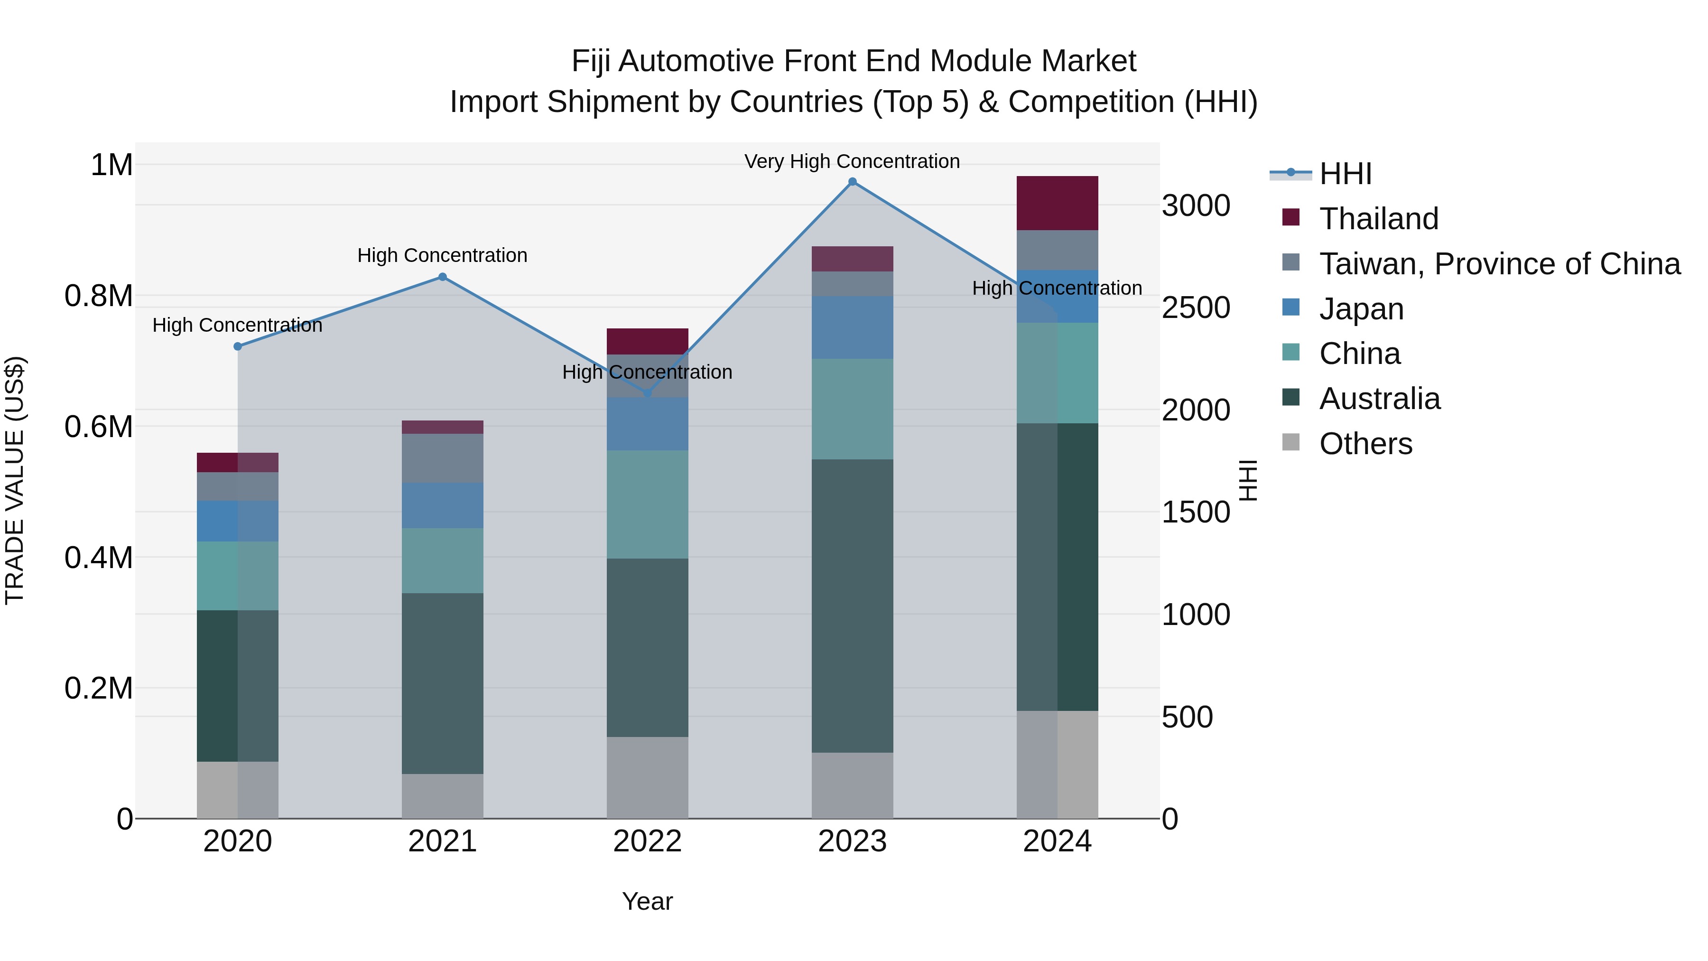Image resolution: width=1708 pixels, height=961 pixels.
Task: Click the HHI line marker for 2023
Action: [x=853, y=182]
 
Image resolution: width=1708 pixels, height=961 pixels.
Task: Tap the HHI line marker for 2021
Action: [x=443, y=277]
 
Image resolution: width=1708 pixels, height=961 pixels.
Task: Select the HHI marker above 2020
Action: [x=238, y=346]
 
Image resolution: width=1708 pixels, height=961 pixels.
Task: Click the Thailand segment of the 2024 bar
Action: [x=1058, y=203]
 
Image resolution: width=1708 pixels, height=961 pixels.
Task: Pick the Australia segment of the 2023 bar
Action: [x=853, y=606]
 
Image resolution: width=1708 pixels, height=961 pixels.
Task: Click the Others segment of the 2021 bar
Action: [x=443, y=796]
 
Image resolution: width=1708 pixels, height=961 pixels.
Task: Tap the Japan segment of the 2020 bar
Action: [x=238, y=521]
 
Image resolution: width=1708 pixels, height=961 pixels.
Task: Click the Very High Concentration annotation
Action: [x=852, y=161]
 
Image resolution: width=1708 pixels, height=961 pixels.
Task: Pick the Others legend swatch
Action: [x=1291, y=442]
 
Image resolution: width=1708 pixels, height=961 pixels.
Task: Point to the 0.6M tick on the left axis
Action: [x=99, y=427]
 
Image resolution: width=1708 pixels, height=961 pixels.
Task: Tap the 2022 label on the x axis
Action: [x=648, y=841]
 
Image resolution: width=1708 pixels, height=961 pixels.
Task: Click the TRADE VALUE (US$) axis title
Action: [x=15, y=480]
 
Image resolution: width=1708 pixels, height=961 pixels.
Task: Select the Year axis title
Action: [x=648, y=901]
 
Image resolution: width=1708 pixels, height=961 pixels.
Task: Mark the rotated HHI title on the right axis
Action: [x=1248, y=480]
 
